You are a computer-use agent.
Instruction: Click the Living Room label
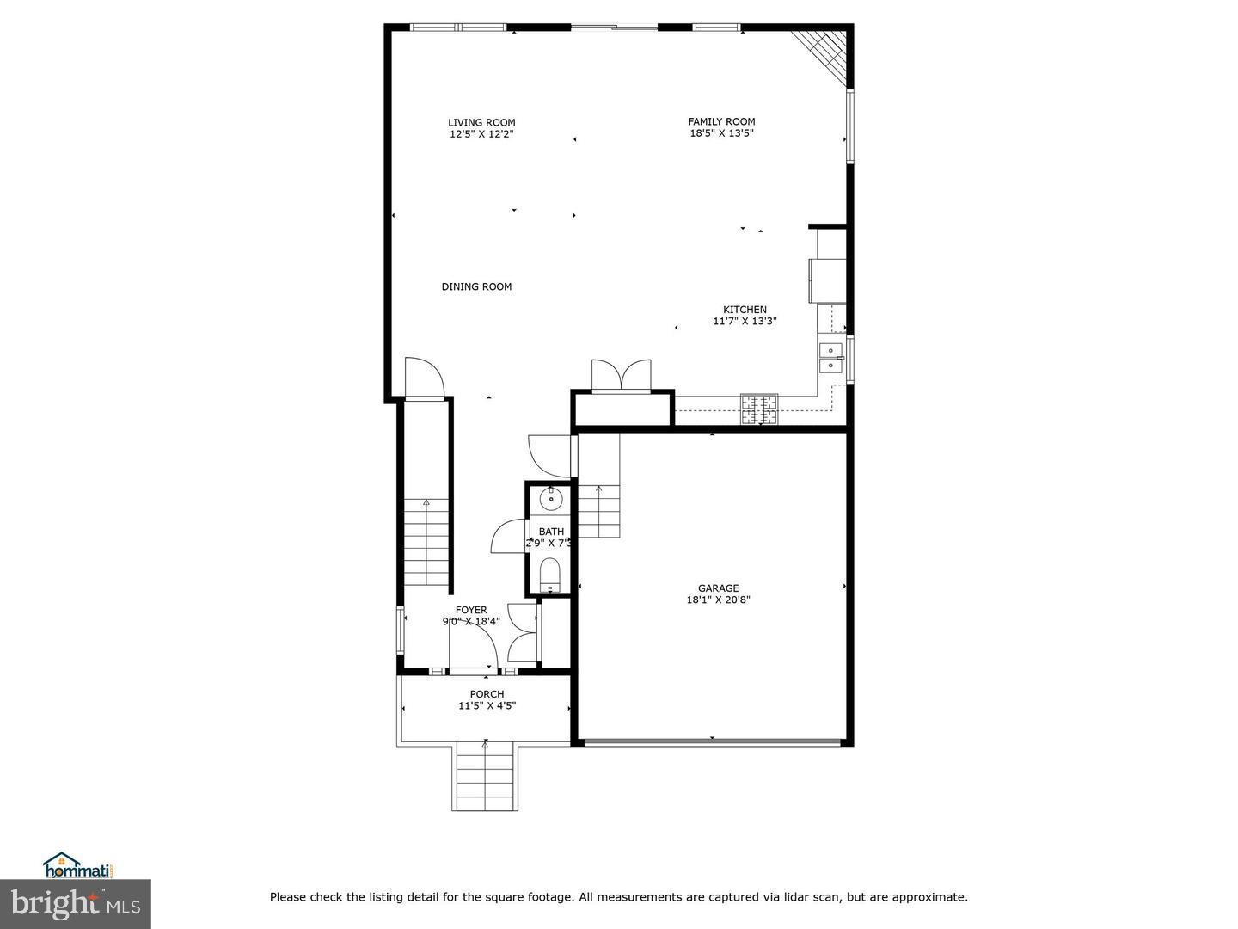click(x=481, y=122)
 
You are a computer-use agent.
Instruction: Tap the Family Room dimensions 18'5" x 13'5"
click(x=721, y=133)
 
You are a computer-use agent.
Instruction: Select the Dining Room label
click(x=476, y=286)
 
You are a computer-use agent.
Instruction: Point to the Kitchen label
click(x=745, y=310)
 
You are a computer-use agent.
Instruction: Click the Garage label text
click(x=718, y=588)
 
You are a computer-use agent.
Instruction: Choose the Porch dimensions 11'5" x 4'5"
click(x=487, y=706)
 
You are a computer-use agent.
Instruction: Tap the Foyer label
click(x=471, y=610)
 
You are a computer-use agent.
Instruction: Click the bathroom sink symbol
click(x=550, y=499)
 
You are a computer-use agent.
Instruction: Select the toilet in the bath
click(x=549, y=574)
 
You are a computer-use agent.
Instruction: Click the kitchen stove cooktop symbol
click(x=759, y=409)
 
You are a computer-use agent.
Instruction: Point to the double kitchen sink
click(x=830, y=357)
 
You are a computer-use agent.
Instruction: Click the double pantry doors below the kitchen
click(x=621, y=377)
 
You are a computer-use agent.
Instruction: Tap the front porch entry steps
click(x=485, y=776)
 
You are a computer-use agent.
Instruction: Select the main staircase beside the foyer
click(x=426, y=542)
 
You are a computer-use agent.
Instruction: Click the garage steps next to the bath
click(x=598, y=509)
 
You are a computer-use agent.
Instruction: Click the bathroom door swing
click(x=509, y=537)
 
